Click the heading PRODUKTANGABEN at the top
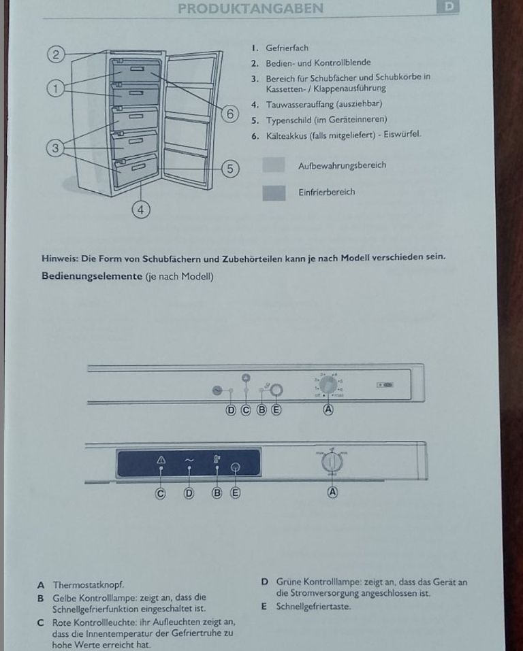250,8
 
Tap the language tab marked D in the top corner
449,7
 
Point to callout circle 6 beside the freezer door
231,114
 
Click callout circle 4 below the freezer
141,210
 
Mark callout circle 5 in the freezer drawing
231,168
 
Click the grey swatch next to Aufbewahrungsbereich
274,166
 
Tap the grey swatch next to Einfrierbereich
274,193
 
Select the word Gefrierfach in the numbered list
287,48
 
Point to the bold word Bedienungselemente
91,277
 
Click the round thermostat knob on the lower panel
332,463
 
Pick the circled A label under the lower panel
333,493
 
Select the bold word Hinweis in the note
59,258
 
